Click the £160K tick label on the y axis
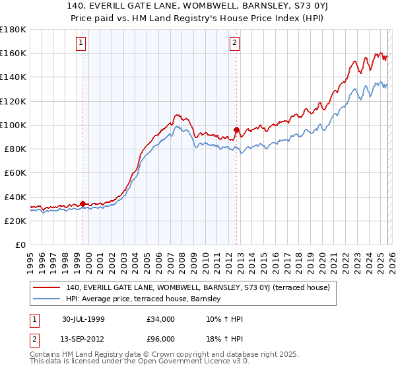13,53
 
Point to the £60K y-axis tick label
15,172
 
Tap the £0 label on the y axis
21,244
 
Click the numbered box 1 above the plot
81,44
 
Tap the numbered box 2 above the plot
234,44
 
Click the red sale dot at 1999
82,203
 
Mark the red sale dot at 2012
236,129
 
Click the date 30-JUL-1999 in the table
83,319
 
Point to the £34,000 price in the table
160,319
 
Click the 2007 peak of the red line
177,115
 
